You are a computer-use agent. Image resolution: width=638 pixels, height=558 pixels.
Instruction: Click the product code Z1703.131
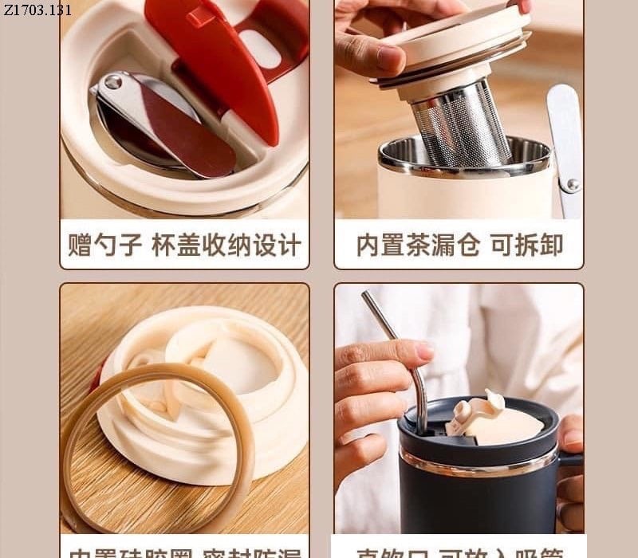37,10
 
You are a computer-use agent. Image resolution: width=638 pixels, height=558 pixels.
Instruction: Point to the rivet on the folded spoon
112,82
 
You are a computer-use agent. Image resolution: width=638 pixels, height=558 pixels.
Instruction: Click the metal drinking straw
399,351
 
